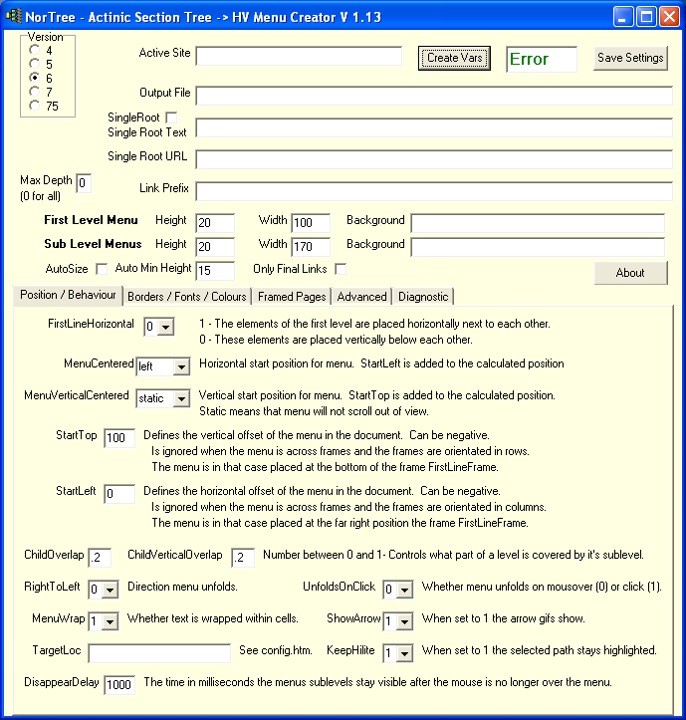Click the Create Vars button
454,58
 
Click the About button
629,273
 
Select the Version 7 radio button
36,92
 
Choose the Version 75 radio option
36,106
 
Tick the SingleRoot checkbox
171,118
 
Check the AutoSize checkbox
102,269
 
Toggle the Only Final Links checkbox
341,269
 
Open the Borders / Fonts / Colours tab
187,297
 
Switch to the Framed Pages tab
291,297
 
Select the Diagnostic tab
424,297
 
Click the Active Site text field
299,56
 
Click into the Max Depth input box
84,183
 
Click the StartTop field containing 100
118,439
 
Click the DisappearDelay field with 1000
118,685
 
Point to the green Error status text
529,59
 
